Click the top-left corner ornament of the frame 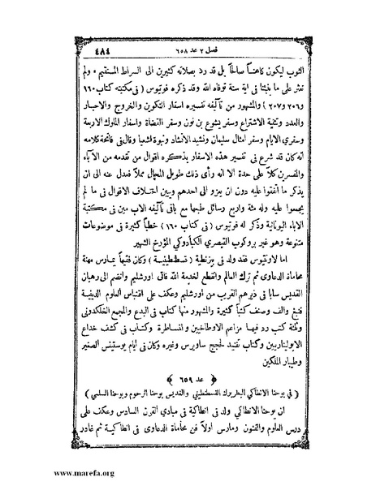(80, 50)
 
